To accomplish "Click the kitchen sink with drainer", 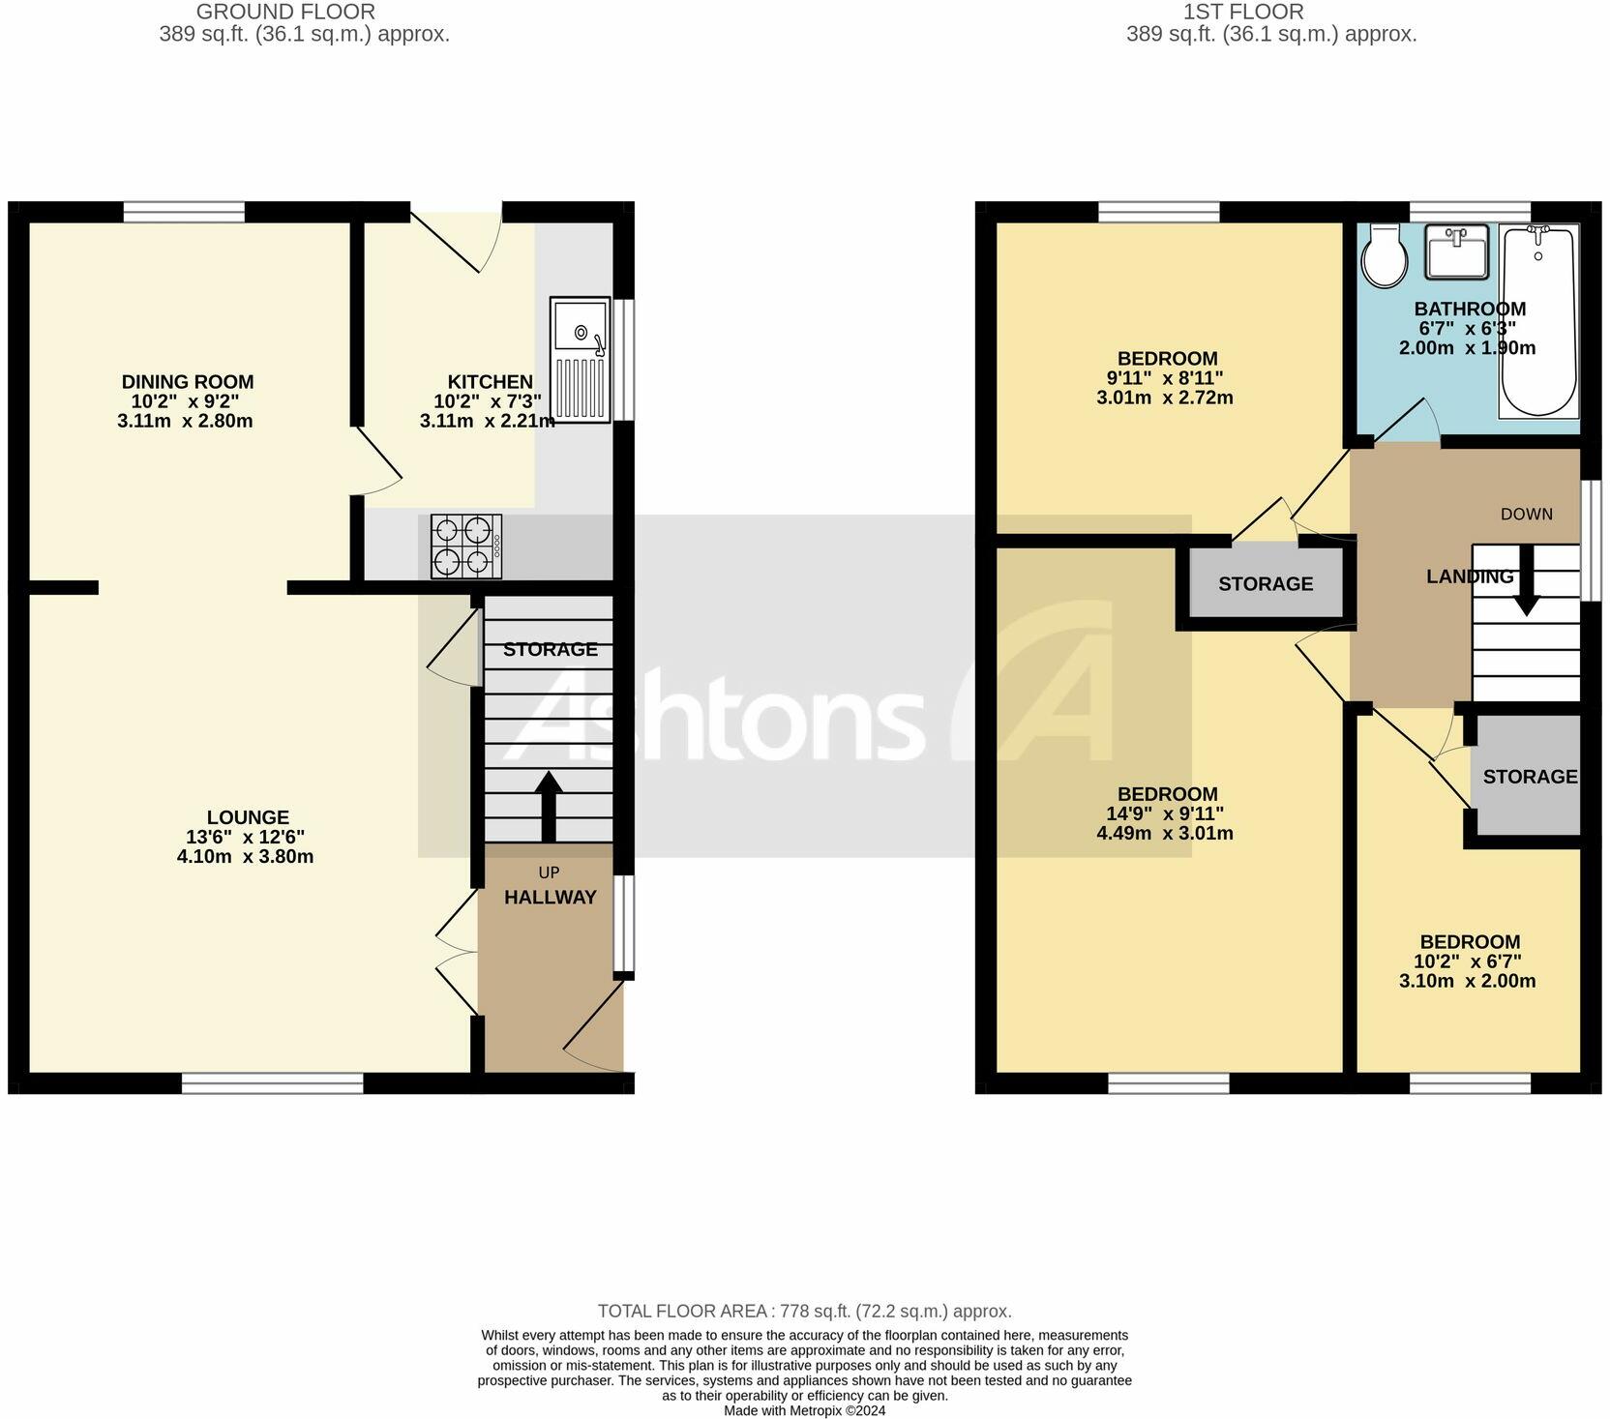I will (581, 359).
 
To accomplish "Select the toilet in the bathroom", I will (1385, 256).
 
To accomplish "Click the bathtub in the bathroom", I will (1538, 321).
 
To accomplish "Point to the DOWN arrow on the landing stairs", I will (1527, 580).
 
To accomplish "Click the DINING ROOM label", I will (188, 382).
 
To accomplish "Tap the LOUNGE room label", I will (248, 817).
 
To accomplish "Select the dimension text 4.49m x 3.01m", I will (1165, 833).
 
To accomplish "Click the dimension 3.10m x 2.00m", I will (1467, 981).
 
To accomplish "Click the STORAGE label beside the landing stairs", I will (1266, 583).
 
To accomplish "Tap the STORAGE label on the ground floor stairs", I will (550, 649).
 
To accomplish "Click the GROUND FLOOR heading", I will (285, 12).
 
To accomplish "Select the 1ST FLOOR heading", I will (1243, 12).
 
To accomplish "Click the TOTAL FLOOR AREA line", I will (804, 1312).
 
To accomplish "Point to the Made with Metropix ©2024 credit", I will (804, 1411).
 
